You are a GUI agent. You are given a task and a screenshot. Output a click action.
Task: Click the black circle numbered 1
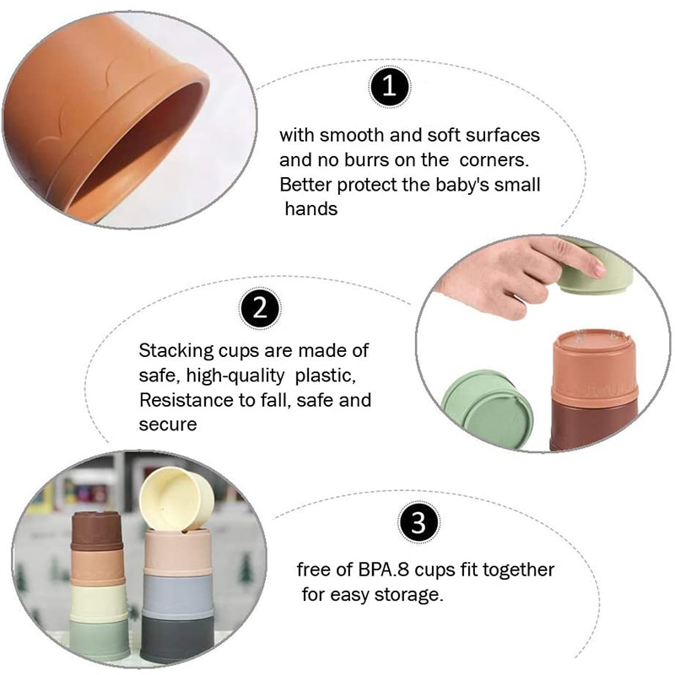tap(390, 87)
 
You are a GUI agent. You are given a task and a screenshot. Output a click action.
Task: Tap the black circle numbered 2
tap(260, 308)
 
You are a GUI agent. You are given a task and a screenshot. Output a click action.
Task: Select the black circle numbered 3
tap(418, 523)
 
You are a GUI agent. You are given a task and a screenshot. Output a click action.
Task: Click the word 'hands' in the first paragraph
tap(311, 209)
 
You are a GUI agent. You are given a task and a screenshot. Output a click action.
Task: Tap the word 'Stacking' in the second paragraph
tap(176, 351)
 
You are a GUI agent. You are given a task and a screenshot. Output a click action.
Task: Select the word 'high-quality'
tap(235, 376)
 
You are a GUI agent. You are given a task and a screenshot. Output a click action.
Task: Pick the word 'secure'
tap(168, 425)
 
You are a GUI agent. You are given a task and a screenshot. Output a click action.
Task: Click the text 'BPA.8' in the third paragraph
tap(384, 570)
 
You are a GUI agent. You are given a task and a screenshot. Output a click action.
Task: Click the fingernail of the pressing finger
tap(598, 270)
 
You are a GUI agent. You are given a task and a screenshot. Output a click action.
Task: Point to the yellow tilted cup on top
tap(176, 499)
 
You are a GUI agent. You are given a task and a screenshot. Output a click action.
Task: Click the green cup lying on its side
tap(488, 409)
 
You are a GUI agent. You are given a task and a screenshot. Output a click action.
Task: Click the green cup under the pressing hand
tap(596, 270)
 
